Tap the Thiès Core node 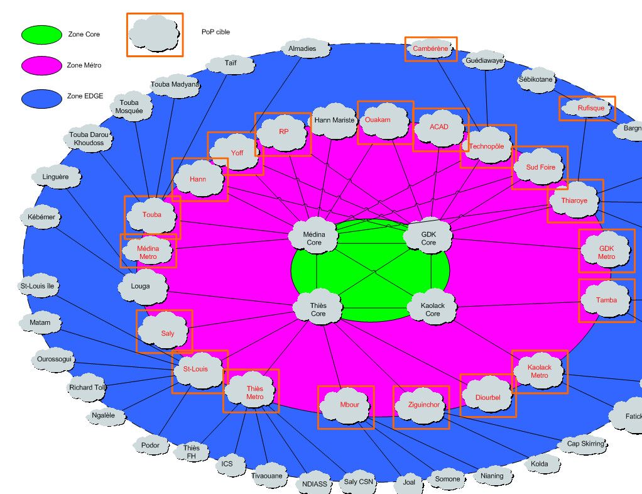coord(318,309)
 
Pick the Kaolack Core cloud coord(433,309)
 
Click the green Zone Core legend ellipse coord(41,35)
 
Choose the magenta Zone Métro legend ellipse coord(41,65)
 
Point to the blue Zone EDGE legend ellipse coord(41,97)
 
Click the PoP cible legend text coord(215,32)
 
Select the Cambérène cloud coord(430,48)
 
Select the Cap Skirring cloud coord(585,444)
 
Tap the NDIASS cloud coord(314,483)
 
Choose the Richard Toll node coord(87,387)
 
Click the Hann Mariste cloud coord(334,120)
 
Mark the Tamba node coord(606,300)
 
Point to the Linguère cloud coord(55,177)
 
